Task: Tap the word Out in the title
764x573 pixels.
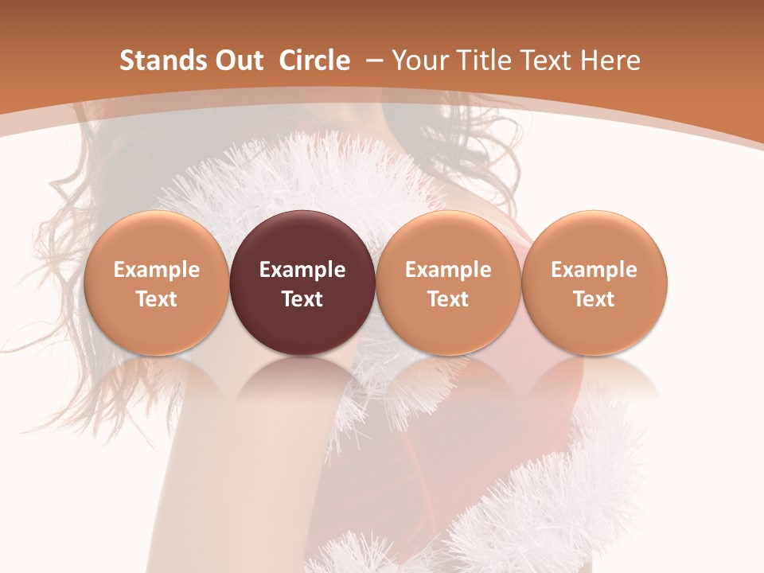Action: point(234,60)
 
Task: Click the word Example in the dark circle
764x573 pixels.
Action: point(302,270)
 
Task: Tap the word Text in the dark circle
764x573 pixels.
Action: point(302,299)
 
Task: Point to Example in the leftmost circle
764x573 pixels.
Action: point(157,270)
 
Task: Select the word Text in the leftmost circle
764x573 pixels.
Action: point(157,299)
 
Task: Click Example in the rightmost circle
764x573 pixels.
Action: point(594,270)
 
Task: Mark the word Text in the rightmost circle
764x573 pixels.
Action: point(594,299)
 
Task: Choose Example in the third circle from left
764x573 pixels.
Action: point(448,270)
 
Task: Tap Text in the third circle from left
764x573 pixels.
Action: point(448,299)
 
